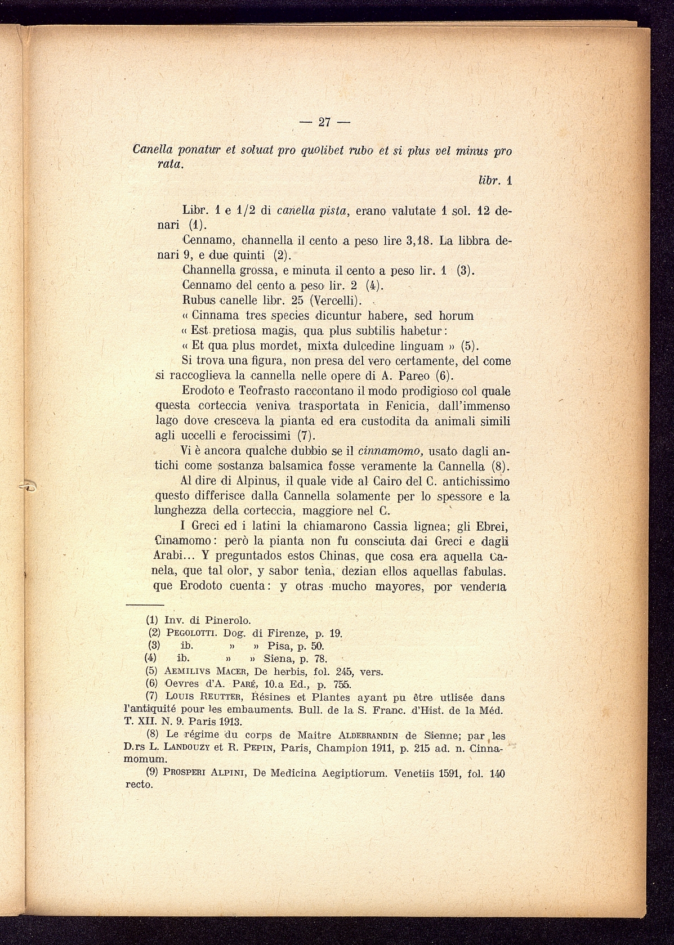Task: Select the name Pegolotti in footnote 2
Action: click(x=191, y=633)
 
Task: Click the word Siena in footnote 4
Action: click(x=280, y=659)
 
